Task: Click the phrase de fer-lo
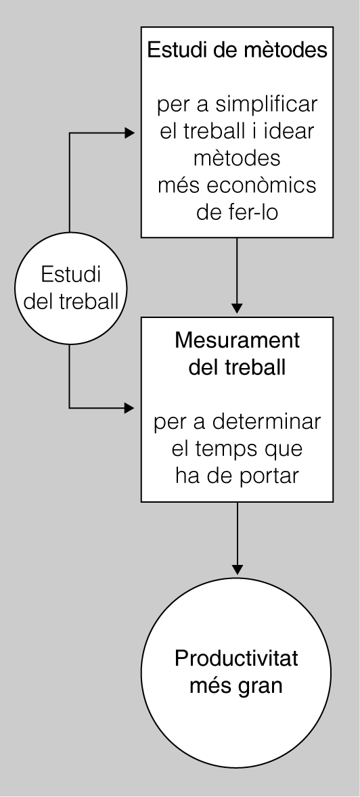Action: click(237, 212)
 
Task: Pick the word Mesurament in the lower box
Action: click(237, 341)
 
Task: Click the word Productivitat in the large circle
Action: click(237, 659)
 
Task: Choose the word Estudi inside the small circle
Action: click(71, 275)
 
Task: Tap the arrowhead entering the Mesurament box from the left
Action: click(130, 407)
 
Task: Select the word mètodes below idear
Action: click(237, 158)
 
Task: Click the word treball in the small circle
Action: click(95, 301)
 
